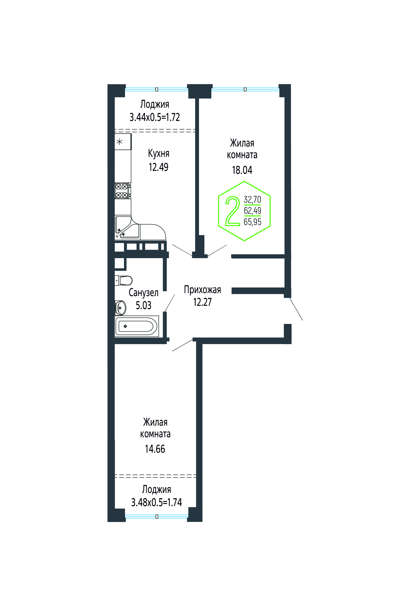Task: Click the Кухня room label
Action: [x=159, y=153]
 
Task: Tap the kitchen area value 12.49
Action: [x=158, y=167]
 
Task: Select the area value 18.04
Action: [x=242, y=170]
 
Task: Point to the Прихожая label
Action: [x=203, y=290]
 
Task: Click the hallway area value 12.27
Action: [x=203, y=302]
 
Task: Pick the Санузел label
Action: [x=144, y=293]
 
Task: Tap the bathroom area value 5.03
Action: [x=144, y=305]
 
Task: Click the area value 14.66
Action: [x=155, y=449]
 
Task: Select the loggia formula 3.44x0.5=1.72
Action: [x=155, y=117]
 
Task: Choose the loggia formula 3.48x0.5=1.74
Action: [x=157, y=502]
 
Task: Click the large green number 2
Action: [x=232, y=211]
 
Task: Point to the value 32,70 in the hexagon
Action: [x=252, y=199]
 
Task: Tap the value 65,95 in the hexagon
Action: [x=252, y=222]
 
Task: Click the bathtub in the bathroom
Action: [x=137, y=326]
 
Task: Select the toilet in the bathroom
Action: [x=123, y=280]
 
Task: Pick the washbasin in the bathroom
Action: [x=120, y=308]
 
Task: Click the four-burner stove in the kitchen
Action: [x=123, y=191]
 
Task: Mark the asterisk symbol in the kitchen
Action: [x=119, y=142]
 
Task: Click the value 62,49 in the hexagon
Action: [x=252, y=211]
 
